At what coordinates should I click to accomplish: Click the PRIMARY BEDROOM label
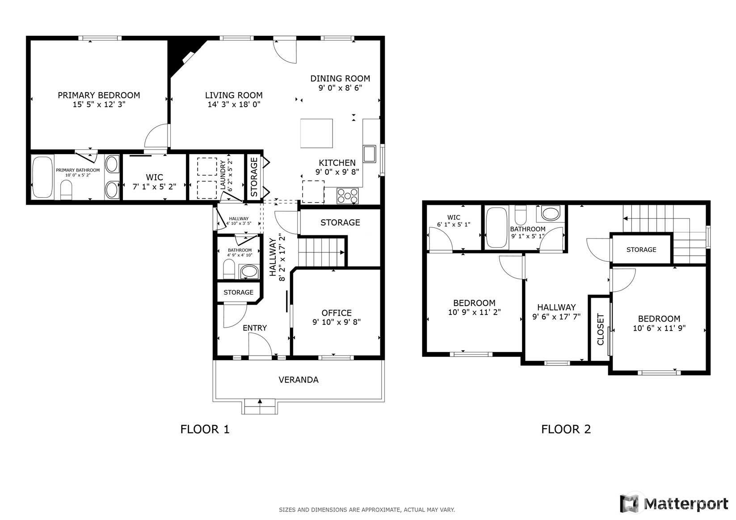99,95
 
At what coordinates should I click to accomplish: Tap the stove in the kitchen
347,196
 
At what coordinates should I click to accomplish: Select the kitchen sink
370,154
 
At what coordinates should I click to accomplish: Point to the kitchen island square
316,134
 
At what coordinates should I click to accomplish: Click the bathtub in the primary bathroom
43,177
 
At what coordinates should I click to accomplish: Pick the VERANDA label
299,380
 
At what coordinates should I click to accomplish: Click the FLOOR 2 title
566,429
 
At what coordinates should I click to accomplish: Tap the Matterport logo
674,503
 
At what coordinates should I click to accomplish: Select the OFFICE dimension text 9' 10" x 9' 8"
336,322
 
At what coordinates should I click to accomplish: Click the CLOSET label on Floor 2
600,329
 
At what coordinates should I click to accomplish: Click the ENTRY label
255,328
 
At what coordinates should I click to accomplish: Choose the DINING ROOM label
340,79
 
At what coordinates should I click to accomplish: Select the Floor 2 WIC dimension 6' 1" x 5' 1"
454,225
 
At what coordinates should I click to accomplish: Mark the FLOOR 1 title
205,429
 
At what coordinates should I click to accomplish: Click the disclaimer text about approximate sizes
367,510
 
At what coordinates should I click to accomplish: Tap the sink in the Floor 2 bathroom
550,214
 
